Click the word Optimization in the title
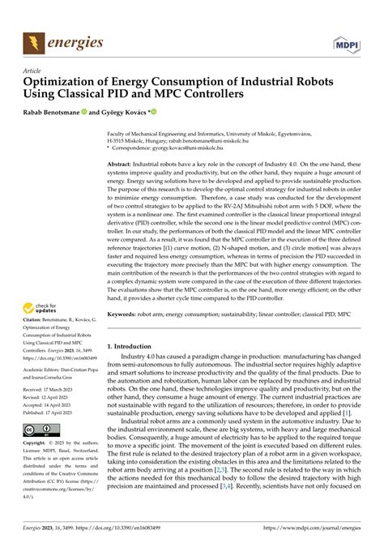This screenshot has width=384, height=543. (x=64, y=82)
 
